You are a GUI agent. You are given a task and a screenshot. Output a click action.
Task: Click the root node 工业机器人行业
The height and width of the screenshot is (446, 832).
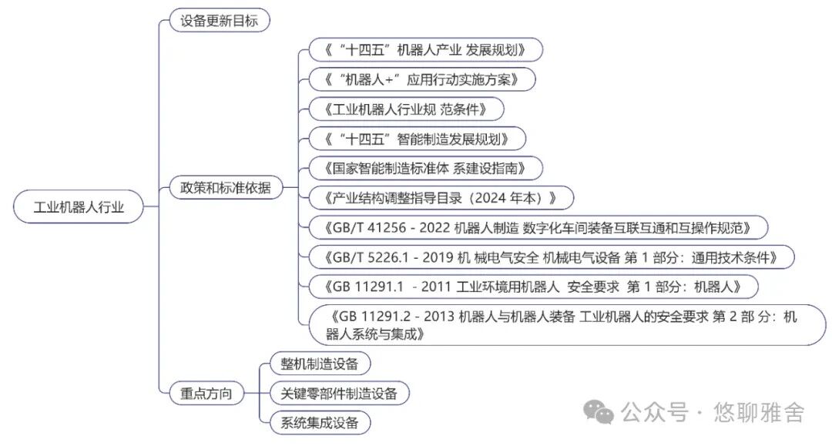tap(79, 206)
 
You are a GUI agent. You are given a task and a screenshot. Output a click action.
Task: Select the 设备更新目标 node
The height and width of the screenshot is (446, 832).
tap(220, 21)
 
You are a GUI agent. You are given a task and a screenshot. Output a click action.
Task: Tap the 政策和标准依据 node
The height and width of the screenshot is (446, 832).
tap(226, 187)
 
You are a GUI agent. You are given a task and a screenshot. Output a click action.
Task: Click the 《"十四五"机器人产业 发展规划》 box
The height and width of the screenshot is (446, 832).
tap(425, 50)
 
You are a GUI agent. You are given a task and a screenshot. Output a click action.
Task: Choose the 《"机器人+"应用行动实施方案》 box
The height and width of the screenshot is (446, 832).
tap(422, 79)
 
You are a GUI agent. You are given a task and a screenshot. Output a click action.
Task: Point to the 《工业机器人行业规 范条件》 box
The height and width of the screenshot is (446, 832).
tap(407, 109)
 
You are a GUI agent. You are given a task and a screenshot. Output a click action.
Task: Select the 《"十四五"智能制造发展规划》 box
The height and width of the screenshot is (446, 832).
tap(417, 139)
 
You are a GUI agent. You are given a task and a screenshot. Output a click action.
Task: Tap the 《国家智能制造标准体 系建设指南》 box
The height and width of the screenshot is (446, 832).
tap(425, 169)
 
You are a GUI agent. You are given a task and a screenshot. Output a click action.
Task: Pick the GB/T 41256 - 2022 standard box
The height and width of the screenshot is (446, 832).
tap(538, 228)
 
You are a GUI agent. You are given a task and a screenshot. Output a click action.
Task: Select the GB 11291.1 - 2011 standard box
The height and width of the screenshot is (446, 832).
tap(534, 287)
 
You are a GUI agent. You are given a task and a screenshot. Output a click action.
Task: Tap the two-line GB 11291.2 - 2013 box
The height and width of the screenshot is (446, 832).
tap(567, 325)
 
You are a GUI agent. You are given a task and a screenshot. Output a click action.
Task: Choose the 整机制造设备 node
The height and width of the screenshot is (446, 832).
tap(320, 364)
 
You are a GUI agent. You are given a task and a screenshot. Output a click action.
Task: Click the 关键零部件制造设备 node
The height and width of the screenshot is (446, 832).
tap(340, 394)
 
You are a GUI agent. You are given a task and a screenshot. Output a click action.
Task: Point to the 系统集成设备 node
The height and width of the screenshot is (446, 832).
tap(320, 423)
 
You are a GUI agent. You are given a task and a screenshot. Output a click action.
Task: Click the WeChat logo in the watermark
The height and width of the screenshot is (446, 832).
tap(599, 412)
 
